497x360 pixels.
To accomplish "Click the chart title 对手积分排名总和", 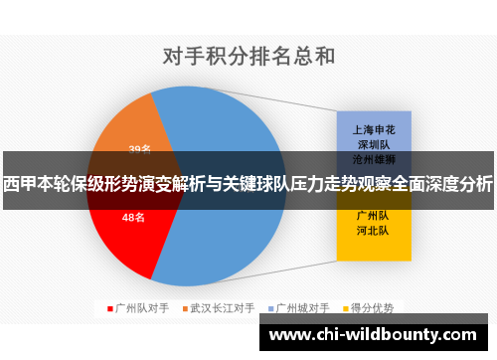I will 248,54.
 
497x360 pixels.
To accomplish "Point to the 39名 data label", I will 139,150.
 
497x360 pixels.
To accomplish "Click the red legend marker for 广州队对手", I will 109,308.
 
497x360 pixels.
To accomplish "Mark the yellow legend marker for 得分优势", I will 347,308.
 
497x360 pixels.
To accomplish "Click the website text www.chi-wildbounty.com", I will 374,335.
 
